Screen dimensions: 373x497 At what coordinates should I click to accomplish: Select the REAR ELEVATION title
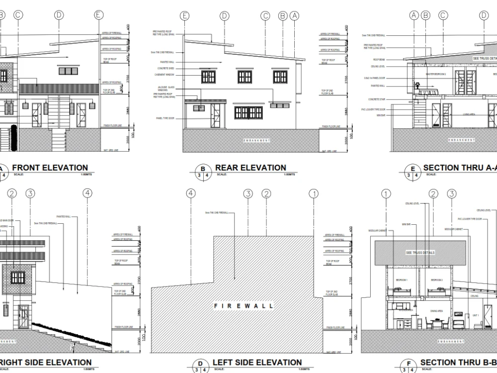tap(250, 168)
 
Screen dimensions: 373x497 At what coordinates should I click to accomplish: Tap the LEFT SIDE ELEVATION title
tap(257, 363)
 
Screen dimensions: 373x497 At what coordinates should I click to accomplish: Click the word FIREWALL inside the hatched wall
tap(244, 306)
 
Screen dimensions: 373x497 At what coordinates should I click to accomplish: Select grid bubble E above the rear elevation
tap(185, 16)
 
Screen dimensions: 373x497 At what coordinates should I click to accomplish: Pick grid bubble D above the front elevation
tap(59, 15)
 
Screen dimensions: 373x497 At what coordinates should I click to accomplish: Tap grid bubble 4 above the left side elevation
tap(191, 193)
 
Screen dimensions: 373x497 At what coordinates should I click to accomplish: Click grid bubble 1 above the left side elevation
tap(313, 193)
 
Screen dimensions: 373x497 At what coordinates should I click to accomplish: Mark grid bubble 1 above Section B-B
tap(386, 193)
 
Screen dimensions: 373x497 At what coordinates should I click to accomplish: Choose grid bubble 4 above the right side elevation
tap(87, 193)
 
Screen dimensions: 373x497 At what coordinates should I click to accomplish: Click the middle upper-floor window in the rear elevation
tap(245, 77)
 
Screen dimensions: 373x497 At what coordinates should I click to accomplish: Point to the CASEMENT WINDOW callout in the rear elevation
tap(165, 75)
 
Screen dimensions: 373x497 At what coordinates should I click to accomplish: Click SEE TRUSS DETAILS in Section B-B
tap(420, 253)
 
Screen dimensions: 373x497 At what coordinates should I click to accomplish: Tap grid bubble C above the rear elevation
tap(265, 16)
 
